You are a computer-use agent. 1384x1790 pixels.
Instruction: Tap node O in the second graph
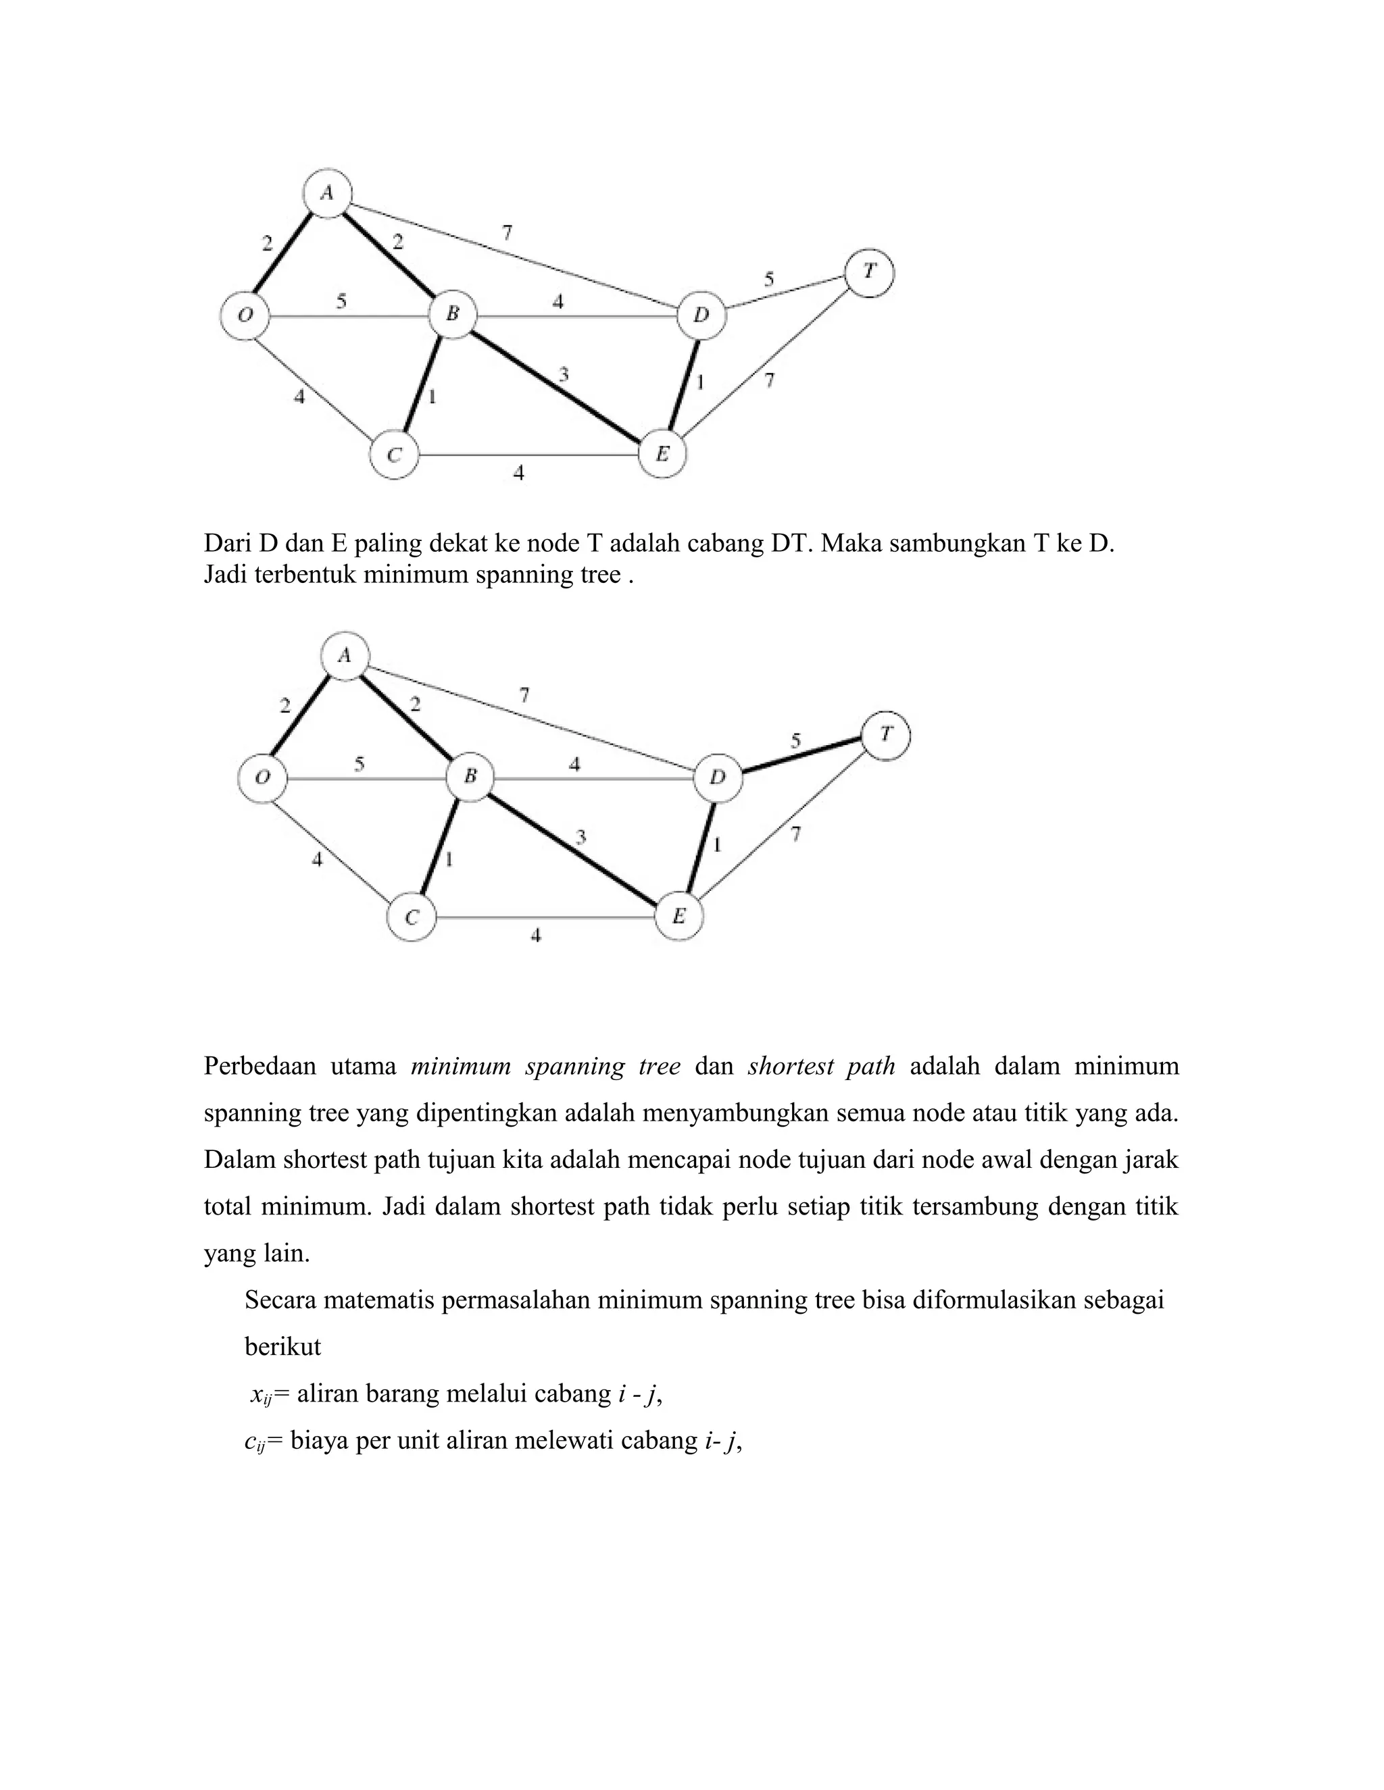tap(262, 777)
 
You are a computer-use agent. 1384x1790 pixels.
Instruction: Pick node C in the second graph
tap(412, 917)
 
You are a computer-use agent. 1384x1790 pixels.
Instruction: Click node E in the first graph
tap(662, 454)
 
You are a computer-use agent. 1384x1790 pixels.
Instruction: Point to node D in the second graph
tap(718, 777)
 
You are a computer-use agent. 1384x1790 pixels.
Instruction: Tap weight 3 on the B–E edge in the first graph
tap(564, 376)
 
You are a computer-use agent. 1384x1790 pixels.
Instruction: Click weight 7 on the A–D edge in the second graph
tap(524, 695)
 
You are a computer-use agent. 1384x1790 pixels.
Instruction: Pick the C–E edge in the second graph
tap(545, 917)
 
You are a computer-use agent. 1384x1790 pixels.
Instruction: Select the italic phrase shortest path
tap(822, 1067)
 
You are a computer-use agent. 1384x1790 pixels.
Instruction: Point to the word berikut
tap(283, 1347)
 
